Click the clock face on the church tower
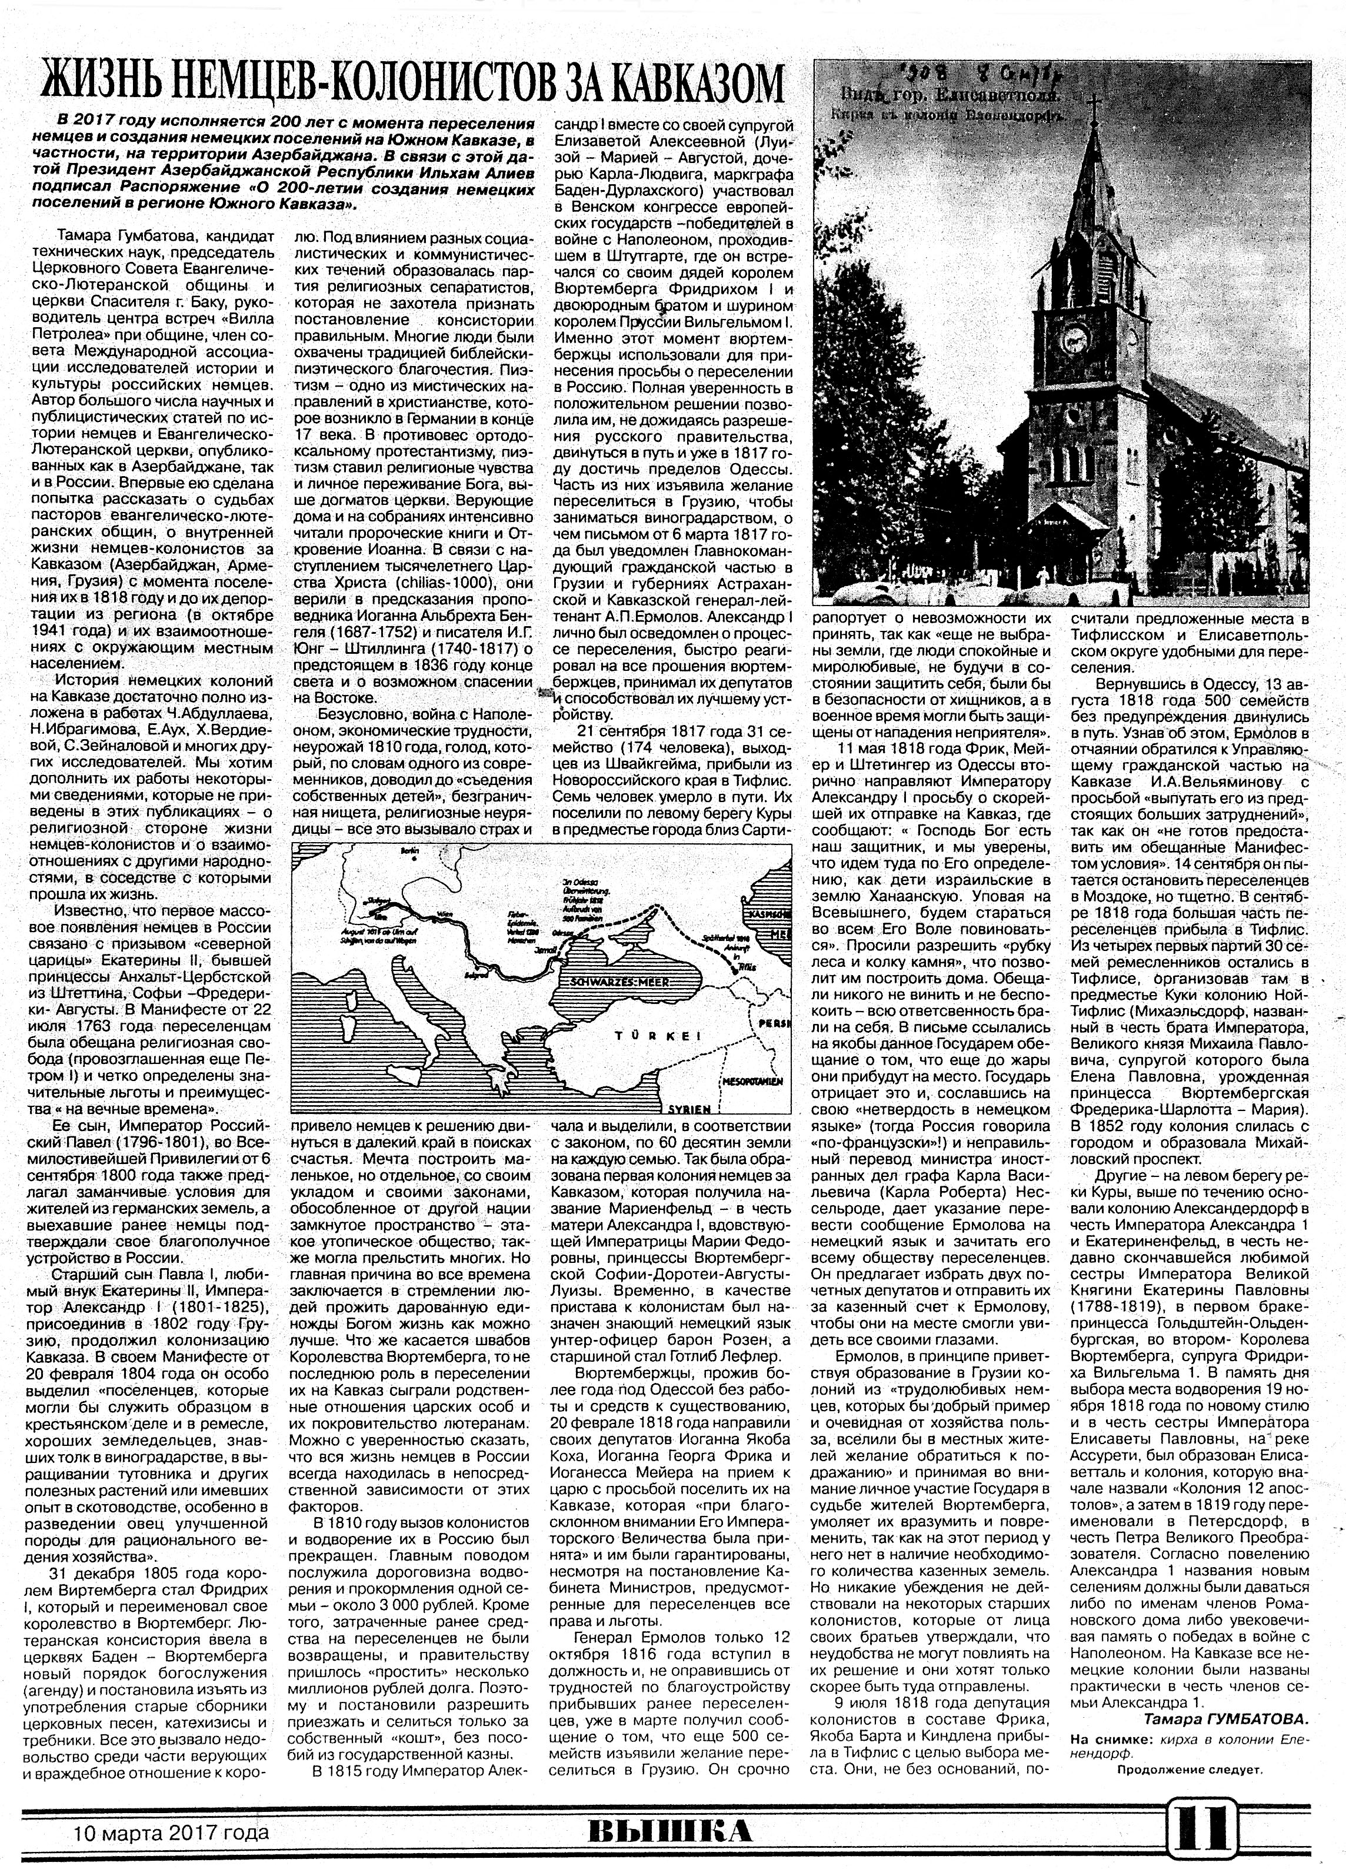tap(1074, 336)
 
